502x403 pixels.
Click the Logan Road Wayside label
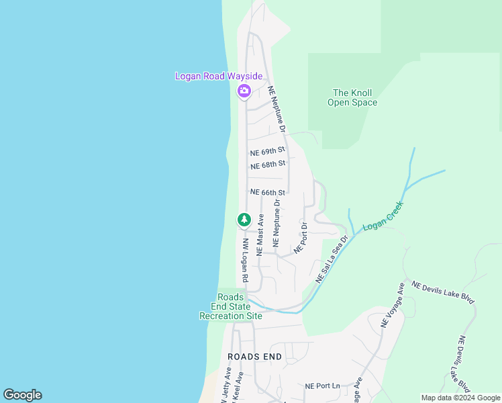[218, 77]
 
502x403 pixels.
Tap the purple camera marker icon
[244, 91]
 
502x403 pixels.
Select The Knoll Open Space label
[352, 98]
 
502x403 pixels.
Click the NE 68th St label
[268, 165]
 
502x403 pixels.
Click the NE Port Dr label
[300, 237]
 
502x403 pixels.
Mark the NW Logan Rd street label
[246, 261]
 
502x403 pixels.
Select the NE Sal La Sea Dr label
[332, 259]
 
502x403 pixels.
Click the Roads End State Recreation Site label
[231, 306]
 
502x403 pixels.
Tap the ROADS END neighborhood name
[252, 356]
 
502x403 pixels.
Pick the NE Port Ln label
[323, 386]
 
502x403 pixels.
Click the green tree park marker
[244, 220]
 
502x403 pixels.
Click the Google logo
[22, 395]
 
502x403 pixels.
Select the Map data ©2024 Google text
[460, 398]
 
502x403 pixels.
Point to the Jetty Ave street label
[225, 387]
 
